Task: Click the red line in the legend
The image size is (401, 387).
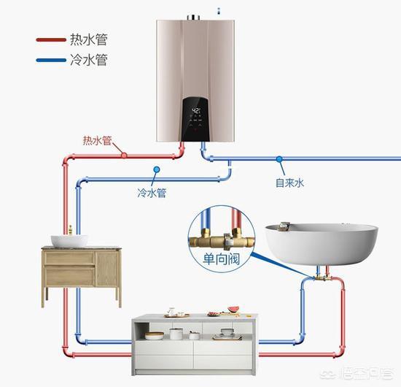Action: coord(51,39)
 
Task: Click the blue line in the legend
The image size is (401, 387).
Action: coord(51,60)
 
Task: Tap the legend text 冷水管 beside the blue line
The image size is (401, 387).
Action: coord(89,60)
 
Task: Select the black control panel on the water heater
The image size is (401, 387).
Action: coord(195,119)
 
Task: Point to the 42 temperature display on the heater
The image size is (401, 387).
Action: coord(196,111)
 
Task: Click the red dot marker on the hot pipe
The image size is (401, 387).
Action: coord(124,156)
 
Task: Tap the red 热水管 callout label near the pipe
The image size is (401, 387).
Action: coord(98,141)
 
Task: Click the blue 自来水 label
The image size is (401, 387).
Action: coord(289,183)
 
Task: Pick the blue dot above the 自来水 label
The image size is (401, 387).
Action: coord(279,159)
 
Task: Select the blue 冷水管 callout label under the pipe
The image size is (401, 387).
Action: coord(152,193)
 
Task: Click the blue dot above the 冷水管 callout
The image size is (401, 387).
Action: coord(157,169)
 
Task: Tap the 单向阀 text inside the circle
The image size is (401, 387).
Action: coord(222,258)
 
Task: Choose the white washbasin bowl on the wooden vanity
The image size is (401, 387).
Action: coord(69,241)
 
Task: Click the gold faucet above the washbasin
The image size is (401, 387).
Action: coord(70,230)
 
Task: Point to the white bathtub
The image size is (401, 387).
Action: coord(322,244)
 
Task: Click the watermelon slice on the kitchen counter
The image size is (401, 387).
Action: coord(233,309)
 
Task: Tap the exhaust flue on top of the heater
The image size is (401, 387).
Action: coord(193,18)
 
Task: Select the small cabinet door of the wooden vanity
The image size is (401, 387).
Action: coord(107,269)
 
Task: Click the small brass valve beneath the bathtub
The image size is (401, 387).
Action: coord(322,278)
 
